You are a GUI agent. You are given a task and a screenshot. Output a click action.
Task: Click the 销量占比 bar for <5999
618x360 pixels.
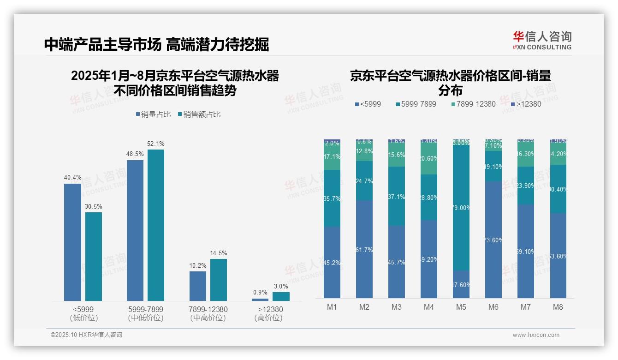pyautogui.click(x=72, y=242)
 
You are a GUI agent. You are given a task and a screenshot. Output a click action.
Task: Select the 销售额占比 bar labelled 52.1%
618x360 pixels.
pyautogui.click(x=156, y=225)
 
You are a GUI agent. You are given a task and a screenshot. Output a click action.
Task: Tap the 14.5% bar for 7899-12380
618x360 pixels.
pyautogui.click(x=219, y=280)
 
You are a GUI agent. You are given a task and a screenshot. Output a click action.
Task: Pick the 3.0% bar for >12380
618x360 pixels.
pyautogui.click(x=281, y=296)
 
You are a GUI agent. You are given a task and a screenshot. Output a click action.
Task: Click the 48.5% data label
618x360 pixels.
pyautogui.click(x=135, y=154)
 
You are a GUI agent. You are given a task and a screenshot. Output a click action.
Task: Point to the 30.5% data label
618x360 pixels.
pyautogui.click(x=94, y=206)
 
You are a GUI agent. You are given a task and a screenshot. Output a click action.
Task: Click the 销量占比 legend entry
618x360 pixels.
pyautogui.click(x=154, y=114)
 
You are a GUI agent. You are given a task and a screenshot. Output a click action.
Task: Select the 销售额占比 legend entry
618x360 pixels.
pyautogui.click(x=199, y=114)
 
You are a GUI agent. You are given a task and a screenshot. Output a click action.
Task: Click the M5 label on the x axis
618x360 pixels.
pyautogui.click(x=461, y=307)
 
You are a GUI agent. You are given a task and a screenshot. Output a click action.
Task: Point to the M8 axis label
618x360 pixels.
pyautogui.click(x=558, y=307)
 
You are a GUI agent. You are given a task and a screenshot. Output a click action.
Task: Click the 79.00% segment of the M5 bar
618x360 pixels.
pyautogui.click(x=461, y=208)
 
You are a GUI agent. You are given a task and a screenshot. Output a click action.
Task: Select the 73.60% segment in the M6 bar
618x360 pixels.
pyautogui.click(x=493, y=240)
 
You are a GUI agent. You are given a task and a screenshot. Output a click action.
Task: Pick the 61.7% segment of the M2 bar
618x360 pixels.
pyautogui.click(x=364, y=249)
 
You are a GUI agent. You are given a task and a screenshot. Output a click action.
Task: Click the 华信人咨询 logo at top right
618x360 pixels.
pyautogui.click(x=542, y=40)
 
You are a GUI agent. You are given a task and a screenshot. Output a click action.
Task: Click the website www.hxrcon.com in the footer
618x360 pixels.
pyautogui.click(x=535, y=335)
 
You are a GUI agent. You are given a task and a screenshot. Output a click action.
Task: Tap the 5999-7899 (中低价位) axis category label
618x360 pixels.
pyautogui.click(x=146, y=313)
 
